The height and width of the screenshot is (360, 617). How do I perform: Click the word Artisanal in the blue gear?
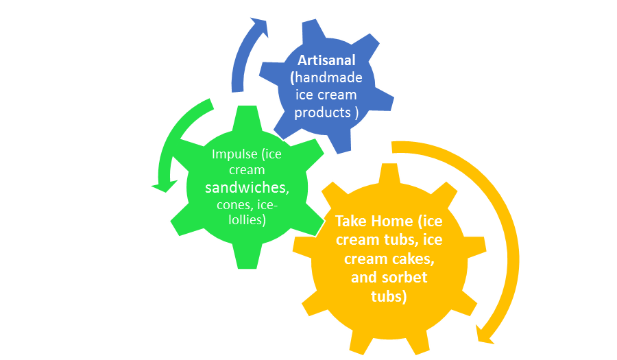point(326,60)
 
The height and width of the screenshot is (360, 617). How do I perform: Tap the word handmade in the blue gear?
point(328,77)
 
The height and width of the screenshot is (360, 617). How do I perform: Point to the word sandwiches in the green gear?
point(247,187)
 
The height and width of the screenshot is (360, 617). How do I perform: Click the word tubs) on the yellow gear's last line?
point(389,296)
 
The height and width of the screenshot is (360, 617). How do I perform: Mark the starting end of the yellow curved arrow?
point(394,147)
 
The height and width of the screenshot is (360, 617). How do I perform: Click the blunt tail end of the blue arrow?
point(238,87)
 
